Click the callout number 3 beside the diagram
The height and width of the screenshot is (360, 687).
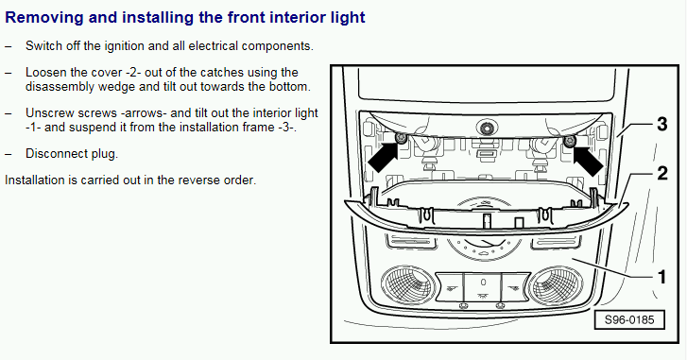click(662, 125)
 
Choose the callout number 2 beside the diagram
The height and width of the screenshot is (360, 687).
click(662, 174)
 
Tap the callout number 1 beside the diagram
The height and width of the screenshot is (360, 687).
click(661, 277)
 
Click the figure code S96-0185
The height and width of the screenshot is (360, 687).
click(629, 319)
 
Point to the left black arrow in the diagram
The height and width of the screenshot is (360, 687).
click(383, 156)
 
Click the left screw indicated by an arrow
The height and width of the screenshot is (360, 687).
click(401, 138)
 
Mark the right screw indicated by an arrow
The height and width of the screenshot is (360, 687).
click(569, 141)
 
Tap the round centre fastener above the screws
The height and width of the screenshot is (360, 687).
click(486, 129)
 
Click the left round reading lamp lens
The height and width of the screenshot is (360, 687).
click(408, 285)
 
